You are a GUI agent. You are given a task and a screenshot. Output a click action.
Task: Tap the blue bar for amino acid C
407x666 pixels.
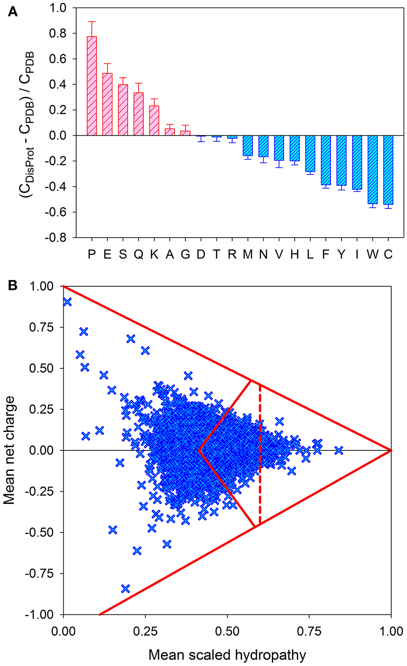coord(388,170)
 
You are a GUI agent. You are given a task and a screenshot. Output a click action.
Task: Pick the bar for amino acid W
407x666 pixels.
coord(372,169)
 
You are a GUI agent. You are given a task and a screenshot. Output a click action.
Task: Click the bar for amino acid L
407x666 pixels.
coord(310,154)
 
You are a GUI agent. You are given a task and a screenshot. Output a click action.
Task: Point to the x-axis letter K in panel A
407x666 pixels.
coord(154,254)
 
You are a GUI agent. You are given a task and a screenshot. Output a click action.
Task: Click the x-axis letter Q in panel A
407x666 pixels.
coord(139,254)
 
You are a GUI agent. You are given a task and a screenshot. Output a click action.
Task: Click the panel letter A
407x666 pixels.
coord(13,11)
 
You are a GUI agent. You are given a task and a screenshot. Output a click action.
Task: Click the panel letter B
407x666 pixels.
coord(13,285)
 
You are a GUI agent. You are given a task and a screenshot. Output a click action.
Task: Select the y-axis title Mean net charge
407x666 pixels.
coord(9,450)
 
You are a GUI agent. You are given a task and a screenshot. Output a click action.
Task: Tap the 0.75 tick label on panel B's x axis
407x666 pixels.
coord(309,631)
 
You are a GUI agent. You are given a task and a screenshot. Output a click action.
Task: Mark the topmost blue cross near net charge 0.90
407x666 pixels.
coord(67,302)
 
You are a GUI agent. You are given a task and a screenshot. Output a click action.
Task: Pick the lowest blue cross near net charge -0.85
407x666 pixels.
coord(125,589)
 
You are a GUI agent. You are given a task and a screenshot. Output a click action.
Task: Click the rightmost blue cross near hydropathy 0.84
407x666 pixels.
coord(339,450)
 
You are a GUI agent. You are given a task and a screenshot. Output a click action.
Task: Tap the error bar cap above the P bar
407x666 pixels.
coord(91,22)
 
